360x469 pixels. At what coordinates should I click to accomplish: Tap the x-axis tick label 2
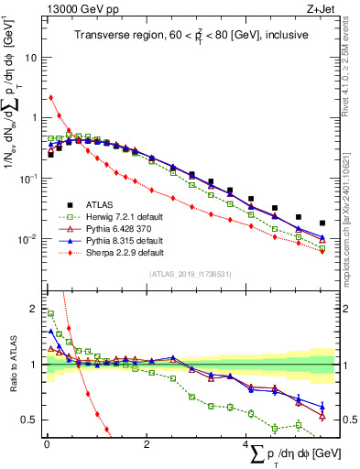coord(147,445)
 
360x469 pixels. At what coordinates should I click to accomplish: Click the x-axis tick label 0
coord(47,445)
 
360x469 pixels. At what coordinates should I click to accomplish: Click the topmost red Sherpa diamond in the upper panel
coord(51,97)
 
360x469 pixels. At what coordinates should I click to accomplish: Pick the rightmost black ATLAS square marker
coord(322,224)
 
